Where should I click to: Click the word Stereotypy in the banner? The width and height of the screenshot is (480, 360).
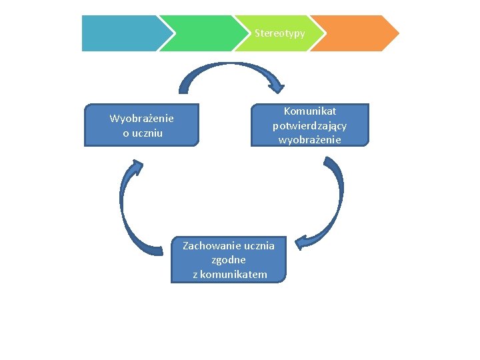(x=280, y=33)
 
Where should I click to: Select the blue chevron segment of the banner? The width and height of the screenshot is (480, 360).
(x=120, y=33)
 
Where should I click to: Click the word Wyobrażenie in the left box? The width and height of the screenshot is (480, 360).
(x=141, y=119)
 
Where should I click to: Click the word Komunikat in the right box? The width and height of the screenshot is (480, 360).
(x=310, y=111)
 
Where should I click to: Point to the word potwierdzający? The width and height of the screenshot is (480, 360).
(x=310, y=125)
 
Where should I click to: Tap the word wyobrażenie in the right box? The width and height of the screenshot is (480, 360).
(x=310, y=139)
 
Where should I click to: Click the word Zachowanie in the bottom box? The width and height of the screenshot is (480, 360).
(x=207, y=246)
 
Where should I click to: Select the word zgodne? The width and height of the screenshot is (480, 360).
(x=229, y=260)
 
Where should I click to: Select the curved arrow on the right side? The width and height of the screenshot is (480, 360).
(x=337, y=200)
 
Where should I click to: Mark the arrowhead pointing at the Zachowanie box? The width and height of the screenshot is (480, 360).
(x=303, y=243)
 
